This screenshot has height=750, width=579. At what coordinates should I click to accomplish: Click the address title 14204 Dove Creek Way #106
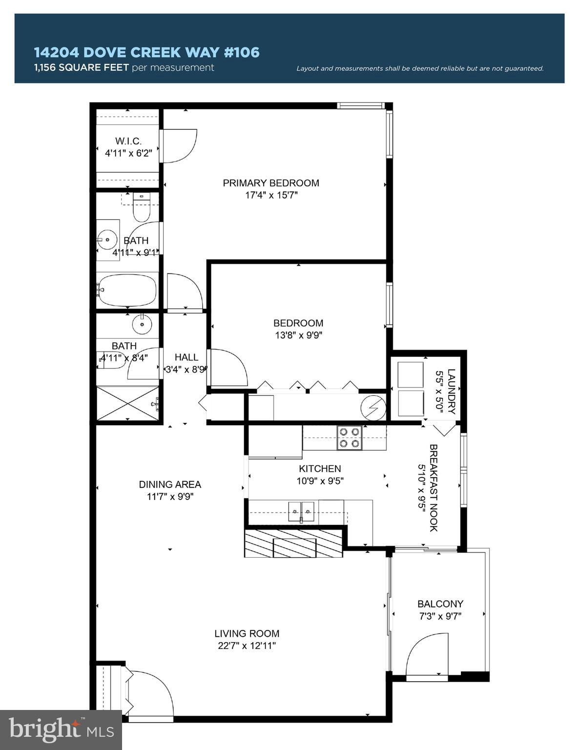[146, 52]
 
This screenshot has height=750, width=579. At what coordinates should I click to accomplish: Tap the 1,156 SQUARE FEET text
[82, 67]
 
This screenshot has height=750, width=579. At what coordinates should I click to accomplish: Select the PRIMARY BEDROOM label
[271, 183]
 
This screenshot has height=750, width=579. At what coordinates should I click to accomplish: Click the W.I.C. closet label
[128, 141]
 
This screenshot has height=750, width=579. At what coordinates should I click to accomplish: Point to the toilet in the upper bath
[142, 208]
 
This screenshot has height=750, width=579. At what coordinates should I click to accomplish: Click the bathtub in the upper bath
[127, 290]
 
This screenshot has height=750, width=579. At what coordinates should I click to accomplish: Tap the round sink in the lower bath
[142, 324]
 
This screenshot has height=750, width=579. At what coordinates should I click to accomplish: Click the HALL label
[186, 357]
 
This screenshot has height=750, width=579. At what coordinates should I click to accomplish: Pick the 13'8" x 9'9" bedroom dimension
[298, 335]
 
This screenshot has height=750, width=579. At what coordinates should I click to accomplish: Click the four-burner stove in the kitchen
[350, 437]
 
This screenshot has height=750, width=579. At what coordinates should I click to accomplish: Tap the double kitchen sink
[301, 511]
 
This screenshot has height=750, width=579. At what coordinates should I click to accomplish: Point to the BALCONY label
[440, 604]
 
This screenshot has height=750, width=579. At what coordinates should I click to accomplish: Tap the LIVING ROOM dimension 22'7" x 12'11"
[247, 646]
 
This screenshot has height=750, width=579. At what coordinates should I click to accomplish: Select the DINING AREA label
[170, 484]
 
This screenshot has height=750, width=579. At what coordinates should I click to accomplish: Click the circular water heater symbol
[373, 407]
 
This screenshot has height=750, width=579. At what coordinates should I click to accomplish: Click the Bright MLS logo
[61, 730]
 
